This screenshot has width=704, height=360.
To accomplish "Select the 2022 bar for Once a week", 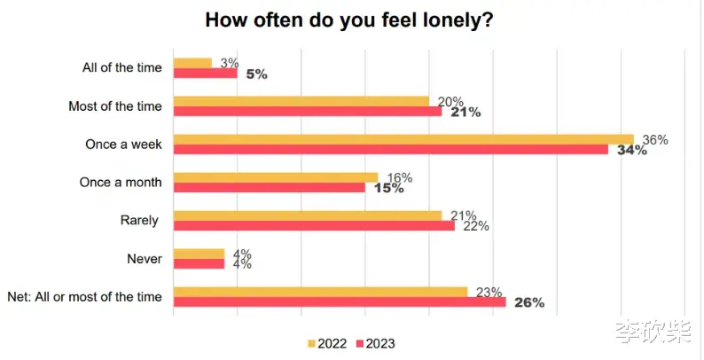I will (x=403, y=139).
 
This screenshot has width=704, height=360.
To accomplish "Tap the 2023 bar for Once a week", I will (x=391, y=149).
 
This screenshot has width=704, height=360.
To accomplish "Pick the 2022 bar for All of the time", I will (x=192, y=63).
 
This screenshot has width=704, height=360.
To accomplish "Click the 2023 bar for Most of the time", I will (x=307, y=111).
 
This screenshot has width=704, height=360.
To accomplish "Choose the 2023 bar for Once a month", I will (x=269, y=187).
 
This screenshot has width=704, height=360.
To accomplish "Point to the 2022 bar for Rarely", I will (x=307, y=215).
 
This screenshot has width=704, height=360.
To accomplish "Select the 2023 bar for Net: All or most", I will (x=339, y=301).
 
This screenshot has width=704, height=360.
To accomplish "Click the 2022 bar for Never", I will (x=199, y=254).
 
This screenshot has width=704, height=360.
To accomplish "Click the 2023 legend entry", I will (x=375, y=343).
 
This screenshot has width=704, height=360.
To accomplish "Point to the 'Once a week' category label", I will (x=123, y=144).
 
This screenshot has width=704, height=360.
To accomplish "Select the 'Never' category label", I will (x=144, y=258).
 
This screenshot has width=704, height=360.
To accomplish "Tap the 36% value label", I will (x=655, y=140).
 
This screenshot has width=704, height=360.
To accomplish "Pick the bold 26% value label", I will (x=528, y=303).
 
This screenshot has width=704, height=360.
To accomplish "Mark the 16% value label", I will (x=400, y=178).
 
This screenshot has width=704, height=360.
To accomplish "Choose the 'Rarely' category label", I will (x=141, y=220).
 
